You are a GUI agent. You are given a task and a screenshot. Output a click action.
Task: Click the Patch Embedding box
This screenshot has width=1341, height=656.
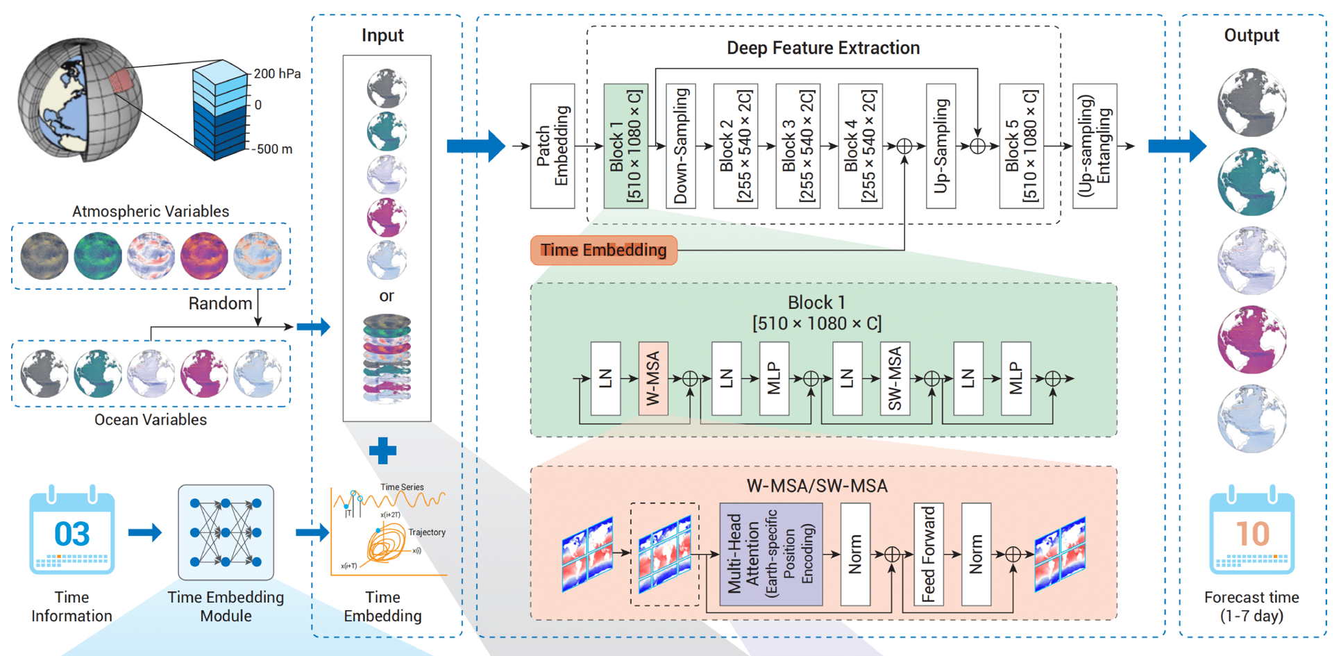[553, 146]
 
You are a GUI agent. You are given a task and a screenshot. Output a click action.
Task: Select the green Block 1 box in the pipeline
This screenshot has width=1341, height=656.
[626, 146]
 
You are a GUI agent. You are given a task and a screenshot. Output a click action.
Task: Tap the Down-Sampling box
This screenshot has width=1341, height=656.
[681, 146]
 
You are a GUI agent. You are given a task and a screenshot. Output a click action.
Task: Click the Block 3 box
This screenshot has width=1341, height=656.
[798, 146]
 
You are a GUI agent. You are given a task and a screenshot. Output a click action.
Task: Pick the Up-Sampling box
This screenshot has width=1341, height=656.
[941, 146]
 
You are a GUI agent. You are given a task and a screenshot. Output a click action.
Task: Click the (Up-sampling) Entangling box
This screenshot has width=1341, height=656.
[1095, 146]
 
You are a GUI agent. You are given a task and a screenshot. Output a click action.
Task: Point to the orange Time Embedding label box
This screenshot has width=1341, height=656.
[603, 250]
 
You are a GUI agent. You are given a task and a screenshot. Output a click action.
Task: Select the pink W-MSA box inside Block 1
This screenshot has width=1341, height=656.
[653, 378]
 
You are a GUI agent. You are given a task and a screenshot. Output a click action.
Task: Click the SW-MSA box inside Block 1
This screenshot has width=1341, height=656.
[895, 378]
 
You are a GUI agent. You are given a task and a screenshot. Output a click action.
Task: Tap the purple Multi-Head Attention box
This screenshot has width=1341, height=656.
[771, 554]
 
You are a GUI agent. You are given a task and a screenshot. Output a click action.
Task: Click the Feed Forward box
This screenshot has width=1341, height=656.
[929, 554]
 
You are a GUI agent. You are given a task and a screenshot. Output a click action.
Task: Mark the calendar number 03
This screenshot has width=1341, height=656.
[72, 534]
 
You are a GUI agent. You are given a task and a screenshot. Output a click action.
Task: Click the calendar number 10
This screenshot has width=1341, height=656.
[1252, 534]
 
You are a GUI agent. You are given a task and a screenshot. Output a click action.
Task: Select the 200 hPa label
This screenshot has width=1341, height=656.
[277, 74]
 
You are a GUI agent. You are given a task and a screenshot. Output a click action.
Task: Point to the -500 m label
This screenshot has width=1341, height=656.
[272, 149]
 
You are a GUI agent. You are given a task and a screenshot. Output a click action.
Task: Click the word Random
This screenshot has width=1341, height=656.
[220, 303]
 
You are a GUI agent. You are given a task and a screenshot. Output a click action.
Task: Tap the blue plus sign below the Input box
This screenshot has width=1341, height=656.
[382, 451]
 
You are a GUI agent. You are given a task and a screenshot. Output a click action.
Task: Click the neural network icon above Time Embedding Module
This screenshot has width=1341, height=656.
[226, 532]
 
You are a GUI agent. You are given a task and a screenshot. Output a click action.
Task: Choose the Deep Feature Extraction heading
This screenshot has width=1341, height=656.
[823, 48]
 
